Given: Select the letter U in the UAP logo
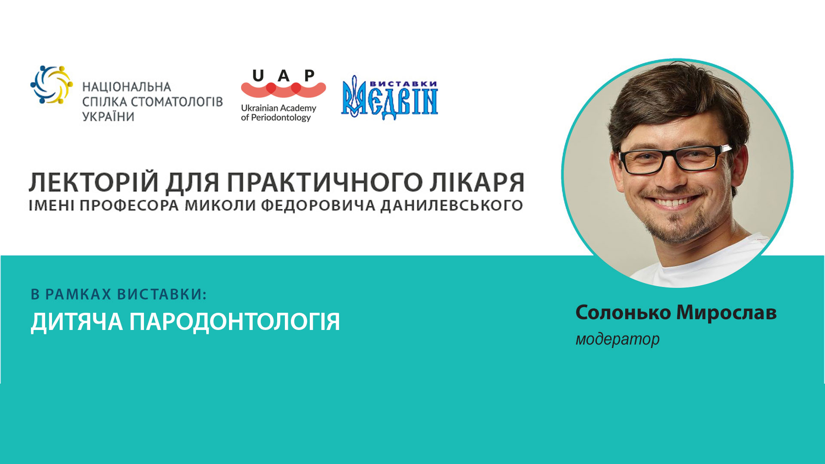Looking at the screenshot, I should pyautogui.click(x=258, y=76).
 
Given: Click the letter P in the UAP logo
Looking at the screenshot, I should pyautogui.click(x=309, y=76).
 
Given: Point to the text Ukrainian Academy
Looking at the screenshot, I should pyautogui.click(x=278, y=108).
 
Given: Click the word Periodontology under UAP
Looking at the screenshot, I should pyautogui.click(x=281, y=118).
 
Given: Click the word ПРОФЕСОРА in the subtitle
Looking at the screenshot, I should pyautogui.click(x=129, y=206).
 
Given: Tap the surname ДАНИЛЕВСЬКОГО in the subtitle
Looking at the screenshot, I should pyautogui.click(x=452, y=206).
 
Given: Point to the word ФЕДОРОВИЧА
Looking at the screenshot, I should pyautogui.click(x=318, y=206).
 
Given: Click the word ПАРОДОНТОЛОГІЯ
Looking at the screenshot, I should pyautogui.click(x=235, y=321).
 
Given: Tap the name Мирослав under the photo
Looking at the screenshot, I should pyautogui.click(x=727, y=313).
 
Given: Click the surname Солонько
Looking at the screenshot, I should pyautogui.click(x=623, y=313).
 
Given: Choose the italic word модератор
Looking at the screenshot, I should pyautogui.click(x=617, y=339).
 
